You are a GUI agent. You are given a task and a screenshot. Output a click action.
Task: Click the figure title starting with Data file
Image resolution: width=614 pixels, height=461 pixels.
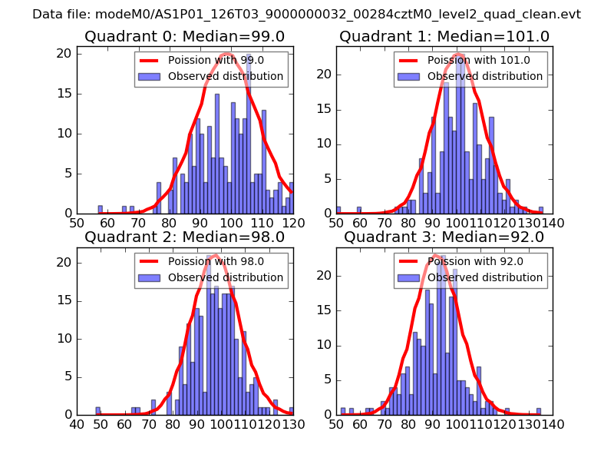306,15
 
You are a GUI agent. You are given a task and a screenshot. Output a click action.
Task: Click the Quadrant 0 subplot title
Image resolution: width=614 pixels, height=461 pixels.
184,36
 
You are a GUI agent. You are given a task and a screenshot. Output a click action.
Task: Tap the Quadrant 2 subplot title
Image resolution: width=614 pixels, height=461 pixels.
184,237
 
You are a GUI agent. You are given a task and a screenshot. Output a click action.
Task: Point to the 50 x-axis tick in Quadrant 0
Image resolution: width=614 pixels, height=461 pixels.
77,223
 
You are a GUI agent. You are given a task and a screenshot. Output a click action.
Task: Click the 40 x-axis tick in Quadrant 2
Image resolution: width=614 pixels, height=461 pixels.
77,423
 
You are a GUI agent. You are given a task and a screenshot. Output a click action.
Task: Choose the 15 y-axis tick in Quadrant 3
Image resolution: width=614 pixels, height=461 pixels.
325,310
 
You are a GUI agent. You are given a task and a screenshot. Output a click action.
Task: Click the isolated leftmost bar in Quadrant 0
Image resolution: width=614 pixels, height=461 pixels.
100,210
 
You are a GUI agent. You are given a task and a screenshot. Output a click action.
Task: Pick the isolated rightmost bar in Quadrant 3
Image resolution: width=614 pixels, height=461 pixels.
539,411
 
